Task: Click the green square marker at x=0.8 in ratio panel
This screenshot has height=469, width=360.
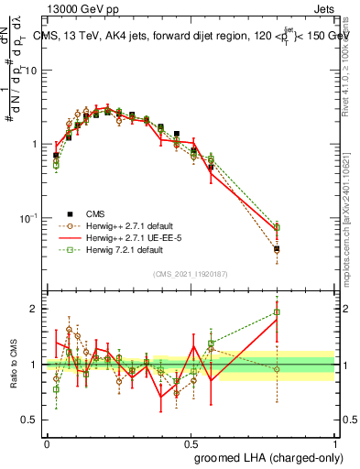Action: coord(277,312)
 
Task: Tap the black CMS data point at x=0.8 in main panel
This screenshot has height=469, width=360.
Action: coord(277,248)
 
